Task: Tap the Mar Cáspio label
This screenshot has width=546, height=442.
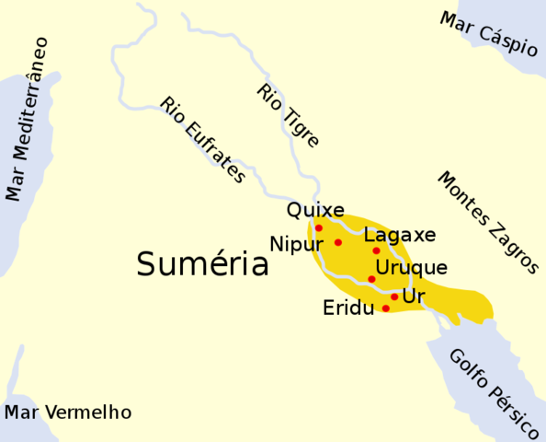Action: (x=488, y=33)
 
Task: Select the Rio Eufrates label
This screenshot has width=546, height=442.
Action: (x=202, y=140)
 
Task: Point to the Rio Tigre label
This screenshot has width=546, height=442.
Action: (x=288, y=116)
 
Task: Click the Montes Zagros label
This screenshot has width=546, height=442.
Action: (x=486, y=222)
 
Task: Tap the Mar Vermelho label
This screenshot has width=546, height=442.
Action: (x=67, y=412)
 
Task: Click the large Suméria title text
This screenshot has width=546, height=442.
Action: (x=202, y=265)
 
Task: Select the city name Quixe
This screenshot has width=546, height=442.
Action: (x=315, y=210)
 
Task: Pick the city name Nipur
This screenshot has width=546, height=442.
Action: (x=297, y=244)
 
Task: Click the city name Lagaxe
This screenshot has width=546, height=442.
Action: (x=400, y=235)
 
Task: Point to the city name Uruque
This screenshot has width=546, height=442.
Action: (x=411, y=268)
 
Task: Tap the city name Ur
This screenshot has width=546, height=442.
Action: (x=414, y=297)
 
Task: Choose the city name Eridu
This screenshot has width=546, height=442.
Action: (x=348, y=308)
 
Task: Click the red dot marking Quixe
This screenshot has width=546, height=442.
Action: (x=319, y=227)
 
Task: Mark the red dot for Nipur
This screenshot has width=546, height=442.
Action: (x=338, y=242)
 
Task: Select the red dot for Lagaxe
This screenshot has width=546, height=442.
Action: (x=376, y=250)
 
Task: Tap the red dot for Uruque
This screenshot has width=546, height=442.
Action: (x=371, y=279)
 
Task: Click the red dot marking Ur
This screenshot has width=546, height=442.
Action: (x=394, y=297)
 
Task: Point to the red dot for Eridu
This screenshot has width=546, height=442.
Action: (x=386, y=308)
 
